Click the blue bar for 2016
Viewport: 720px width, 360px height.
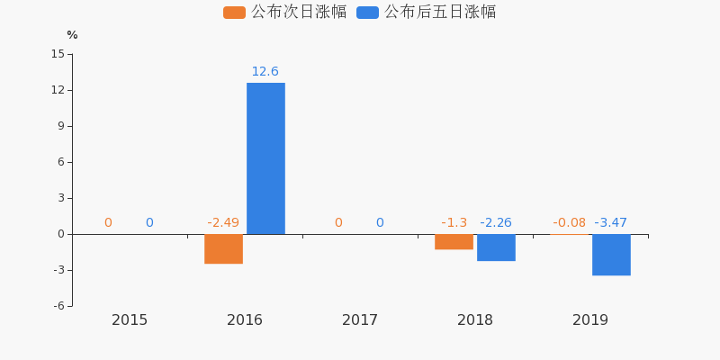pos(265,158)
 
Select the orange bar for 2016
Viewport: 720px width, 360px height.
pos(223,248)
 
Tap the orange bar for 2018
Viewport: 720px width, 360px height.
pos(454,241)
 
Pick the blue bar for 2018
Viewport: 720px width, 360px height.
pos(496,247)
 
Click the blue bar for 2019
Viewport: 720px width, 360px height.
pos(611,255)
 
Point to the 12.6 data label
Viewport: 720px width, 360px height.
pos(265,72)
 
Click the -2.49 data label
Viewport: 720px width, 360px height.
pos(223,223)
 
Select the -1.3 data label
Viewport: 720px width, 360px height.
pos(454,223)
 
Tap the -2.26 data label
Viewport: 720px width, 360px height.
pos(496,223)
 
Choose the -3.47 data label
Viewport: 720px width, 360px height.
pos(610,223)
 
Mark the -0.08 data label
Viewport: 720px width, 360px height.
pos(569,223)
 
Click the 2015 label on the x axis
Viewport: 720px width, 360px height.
pos(130,320)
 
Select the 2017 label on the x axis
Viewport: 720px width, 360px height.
pos(360,320)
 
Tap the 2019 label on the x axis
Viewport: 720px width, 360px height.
pos(590,320)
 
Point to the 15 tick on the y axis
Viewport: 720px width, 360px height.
pos(58,54)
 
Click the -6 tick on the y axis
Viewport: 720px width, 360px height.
pos(58,306)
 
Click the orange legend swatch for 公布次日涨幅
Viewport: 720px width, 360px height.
pos(234,13)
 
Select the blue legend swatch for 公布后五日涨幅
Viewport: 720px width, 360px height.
pos(367,13)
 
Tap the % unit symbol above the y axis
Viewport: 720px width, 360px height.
pos(72,35)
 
